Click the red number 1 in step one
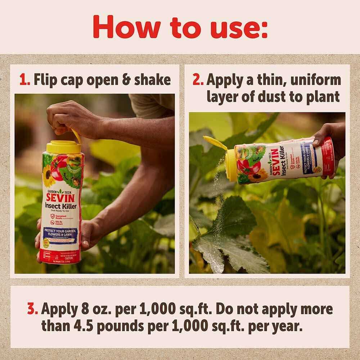pyautogui.click(x=24, y=80)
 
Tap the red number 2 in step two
pyautogui.click(x=198, y=80)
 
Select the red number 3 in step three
pyautogui.click(x=32, y=309)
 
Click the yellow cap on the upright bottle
pyautogui.click(x=63, y=146)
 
